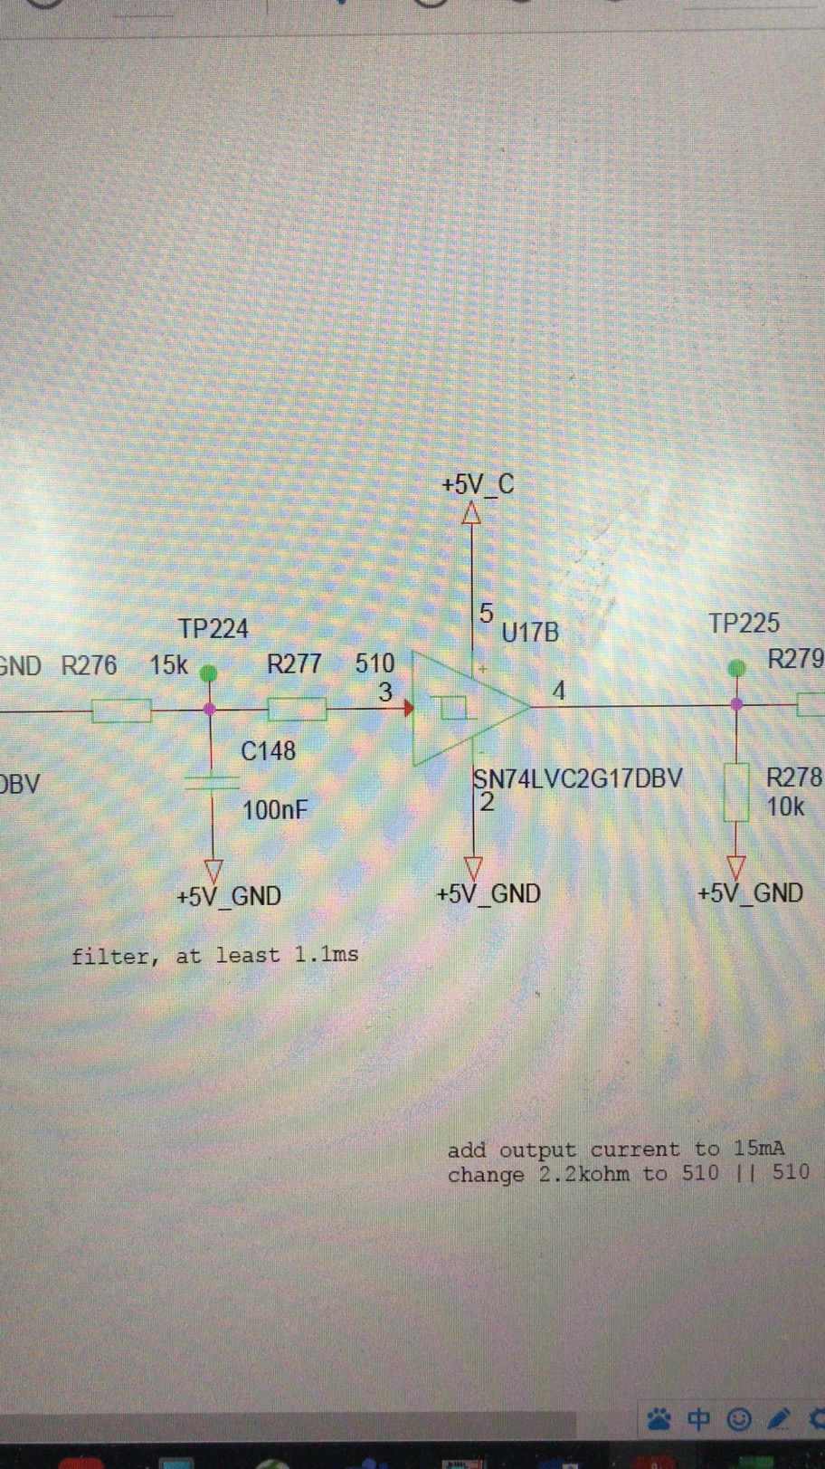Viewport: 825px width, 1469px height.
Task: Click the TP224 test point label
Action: pyautogui.click(x=213, y=628)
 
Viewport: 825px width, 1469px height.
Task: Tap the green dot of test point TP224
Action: pyautogui.click(x=209, y=673)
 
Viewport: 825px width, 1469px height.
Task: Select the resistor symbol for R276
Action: pyautogui.click(x=121, y=711)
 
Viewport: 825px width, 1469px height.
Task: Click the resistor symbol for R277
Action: pyautogui.click(x=297, y=709)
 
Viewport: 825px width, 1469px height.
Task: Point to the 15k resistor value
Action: pyautogui.click(x=168, y=666)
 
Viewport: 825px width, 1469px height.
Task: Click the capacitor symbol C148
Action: pyautogui.click(x=212, y=782)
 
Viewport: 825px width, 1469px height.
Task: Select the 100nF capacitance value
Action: pyautogui.click(x=276, y=809)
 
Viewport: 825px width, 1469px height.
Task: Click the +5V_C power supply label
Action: pyautogui.click(x=478, y=484)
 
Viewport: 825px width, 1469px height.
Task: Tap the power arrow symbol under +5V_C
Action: pyautogui.click(x=471, y=514)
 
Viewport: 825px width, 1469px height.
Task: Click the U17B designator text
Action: pyautogui.click(x=530, y=632)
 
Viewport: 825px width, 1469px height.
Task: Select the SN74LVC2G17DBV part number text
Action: pyautogui.click(x=578, y=778)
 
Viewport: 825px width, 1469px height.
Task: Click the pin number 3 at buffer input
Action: pyautogui.click(x=385, y=692)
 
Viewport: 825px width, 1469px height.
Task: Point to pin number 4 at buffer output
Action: pyautogui.click(x=559, y=692)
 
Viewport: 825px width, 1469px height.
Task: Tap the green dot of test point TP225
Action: pyautogui.click(x=737, y=668)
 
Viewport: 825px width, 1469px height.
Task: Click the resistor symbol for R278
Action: pyautogui.click(x=736, y=793)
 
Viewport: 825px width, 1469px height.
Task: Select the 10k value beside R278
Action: pyautogui.click(x=785, y=806)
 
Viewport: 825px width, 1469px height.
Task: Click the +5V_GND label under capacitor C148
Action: pyautogui.click(x=229, y=896)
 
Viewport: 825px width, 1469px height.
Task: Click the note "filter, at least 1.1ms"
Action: pyautogui.click(x=214, y=955)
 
